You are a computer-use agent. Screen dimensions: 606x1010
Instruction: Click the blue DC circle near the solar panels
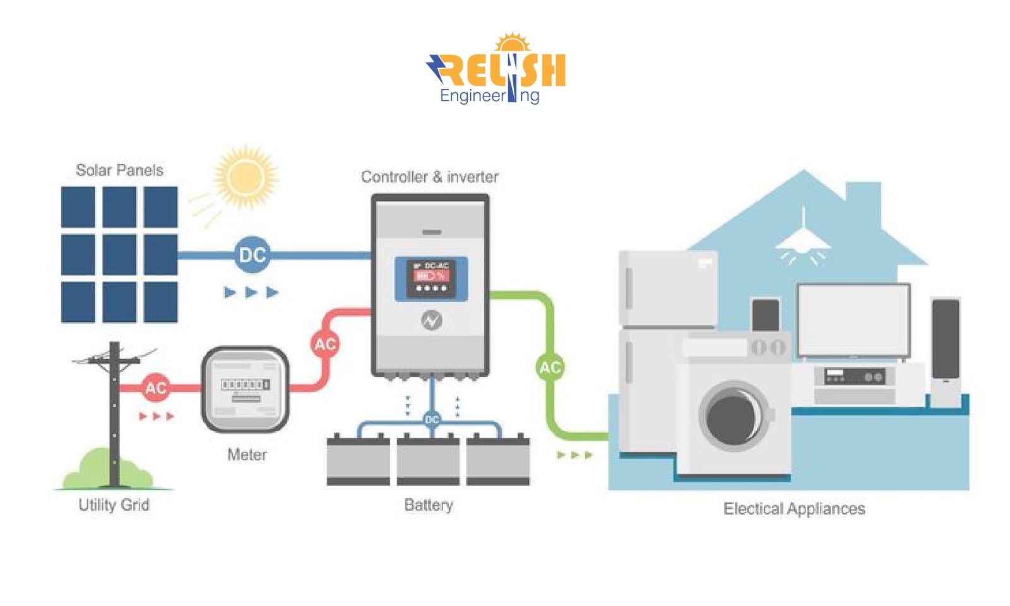[x=252, y=255]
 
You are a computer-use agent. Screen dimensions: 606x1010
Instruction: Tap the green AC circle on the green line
[x=550, y=367]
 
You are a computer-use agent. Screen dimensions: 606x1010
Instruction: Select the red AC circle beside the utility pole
[x=155, y=388]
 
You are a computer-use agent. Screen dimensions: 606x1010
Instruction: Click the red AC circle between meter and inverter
[x=325, y=344]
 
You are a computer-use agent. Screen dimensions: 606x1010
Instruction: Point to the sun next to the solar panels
[x=246, y=177]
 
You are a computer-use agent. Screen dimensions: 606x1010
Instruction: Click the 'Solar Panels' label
[x=119, y=170]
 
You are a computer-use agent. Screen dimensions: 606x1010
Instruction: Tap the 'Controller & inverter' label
[x=430, y=177]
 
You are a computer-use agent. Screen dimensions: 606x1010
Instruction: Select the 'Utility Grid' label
[x=114, y=505]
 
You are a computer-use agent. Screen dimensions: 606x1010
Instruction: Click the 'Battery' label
[x=429, y=505]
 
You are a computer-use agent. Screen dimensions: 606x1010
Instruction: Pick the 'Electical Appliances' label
[x=794, y=509]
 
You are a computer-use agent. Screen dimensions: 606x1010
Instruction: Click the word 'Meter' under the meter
[x=247, y=455]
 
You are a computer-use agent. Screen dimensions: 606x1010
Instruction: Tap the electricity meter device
[x=246, y=389]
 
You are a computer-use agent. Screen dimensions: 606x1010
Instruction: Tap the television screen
[x=853, y=320]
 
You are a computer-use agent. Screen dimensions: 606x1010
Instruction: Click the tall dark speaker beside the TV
[x=946, y=340]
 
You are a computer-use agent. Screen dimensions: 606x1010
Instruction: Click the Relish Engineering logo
[x=497, y=69]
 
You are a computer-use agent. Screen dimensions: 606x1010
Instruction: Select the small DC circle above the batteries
[x=432, y=419]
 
